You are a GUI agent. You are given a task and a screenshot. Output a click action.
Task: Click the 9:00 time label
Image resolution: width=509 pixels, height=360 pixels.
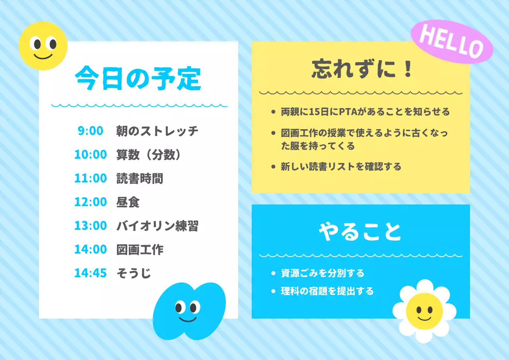90,130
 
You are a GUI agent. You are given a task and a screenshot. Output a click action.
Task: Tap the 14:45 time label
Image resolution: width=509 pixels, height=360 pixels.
91,273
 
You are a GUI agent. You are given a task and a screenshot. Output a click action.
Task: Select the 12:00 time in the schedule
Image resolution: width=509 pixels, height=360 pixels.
91,202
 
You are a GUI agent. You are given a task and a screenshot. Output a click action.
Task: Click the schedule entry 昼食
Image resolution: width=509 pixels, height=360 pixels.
128,202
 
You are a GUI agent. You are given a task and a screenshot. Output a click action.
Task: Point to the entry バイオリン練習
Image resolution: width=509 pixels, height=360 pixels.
157,226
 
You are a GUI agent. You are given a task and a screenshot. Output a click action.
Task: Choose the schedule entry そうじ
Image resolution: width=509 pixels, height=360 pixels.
134,273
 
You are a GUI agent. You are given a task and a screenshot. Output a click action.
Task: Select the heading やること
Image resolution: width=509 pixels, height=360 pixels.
360,232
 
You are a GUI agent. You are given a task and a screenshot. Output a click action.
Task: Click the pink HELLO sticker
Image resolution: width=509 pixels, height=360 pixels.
451,42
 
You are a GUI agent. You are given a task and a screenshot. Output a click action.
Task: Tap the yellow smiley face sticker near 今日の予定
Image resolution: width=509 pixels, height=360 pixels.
43,46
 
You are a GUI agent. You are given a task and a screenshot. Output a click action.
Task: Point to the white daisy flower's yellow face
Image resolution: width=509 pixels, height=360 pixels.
424,311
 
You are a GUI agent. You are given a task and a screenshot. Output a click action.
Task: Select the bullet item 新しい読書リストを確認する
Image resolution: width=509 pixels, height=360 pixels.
341,166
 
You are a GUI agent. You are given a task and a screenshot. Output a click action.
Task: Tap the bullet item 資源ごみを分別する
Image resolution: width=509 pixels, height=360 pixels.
322,273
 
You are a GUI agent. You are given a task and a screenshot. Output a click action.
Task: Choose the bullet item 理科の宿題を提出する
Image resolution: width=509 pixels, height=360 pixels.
327,291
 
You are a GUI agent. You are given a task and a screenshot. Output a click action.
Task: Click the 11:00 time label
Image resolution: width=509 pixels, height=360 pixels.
91,178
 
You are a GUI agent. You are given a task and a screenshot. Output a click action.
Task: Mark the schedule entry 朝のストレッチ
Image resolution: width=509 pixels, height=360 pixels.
157,130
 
